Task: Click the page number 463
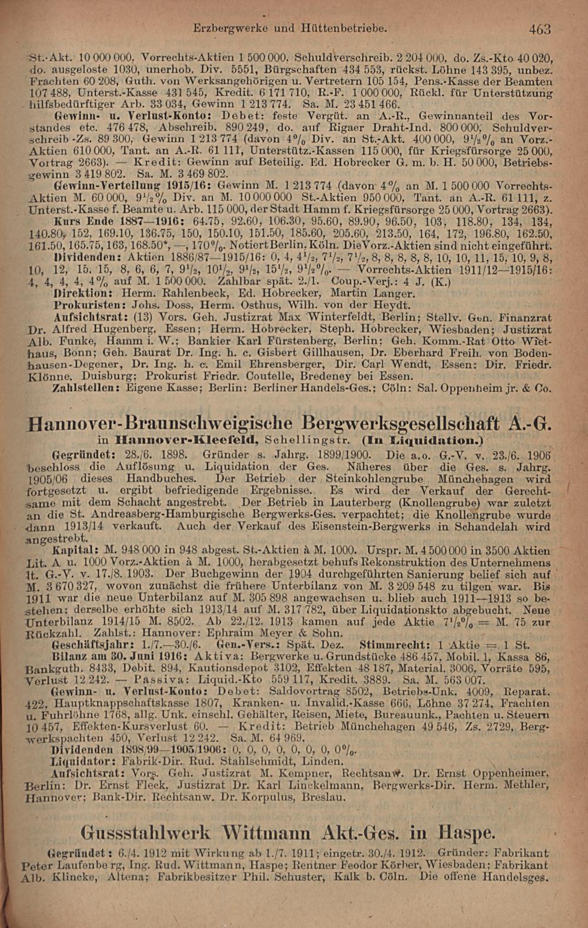pos(539,28)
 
